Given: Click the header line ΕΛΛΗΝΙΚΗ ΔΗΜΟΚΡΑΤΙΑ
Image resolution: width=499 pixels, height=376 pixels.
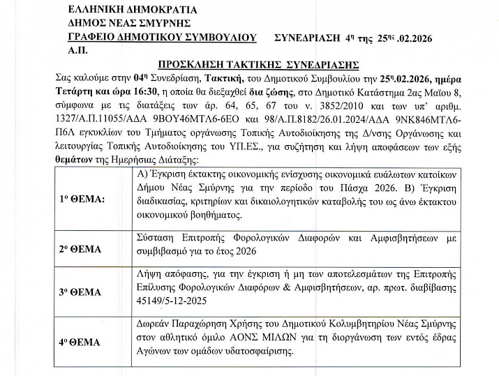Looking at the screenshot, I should pos(133,10).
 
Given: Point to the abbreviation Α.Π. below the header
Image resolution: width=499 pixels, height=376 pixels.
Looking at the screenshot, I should pos(77,51).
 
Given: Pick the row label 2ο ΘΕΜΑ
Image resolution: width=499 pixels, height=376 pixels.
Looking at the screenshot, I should pos(81,249).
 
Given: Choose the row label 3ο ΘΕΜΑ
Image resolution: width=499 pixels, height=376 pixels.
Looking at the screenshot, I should pos(81,292).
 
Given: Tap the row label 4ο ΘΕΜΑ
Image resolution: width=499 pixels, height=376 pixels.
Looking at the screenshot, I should pos(81,343).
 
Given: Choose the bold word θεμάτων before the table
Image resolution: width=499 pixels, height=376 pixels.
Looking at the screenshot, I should pos(73,160).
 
